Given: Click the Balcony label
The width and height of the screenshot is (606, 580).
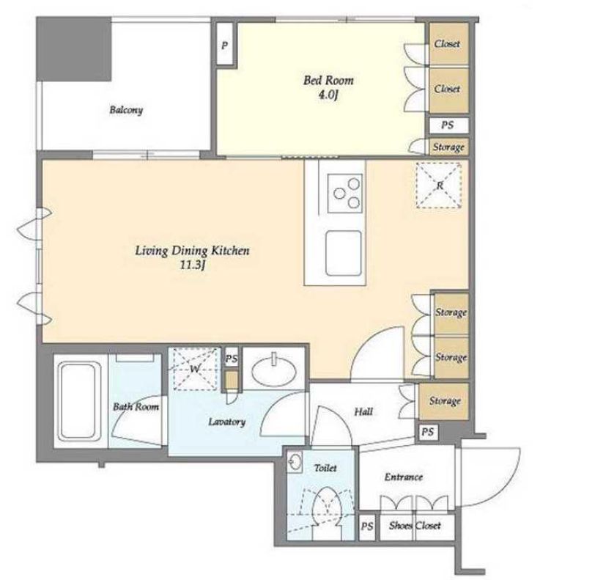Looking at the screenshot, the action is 126,110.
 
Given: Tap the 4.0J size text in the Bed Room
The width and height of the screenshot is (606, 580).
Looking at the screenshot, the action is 328,95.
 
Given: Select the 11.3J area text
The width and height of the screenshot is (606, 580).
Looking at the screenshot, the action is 192,265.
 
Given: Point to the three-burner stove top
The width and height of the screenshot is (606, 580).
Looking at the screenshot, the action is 345,193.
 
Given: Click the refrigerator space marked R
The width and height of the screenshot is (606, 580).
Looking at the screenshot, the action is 439,186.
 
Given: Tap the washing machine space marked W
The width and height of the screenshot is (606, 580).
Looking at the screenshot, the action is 195,369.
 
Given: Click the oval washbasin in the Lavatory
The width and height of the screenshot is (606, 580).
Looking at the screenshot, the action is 273,371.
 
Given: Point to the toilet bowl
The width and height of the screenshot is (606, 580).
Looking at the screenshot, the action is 327,507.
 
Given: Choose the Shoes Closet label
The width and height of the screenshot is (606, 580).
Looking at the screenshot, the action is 415,526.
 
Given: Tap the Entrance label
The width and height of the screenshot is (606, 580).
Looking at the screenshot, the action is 404,477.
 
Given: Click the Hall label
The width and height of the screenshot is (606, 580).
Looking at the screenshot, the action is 363,412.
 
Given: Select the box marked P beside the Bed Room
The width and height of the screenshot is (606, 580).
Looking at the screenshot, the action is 224,44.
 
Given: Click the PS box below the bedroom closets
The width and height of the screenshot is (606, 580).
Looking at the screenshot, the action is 448,125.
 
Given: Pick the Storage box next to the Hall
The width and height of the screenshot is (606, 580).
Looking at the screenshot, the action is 444,401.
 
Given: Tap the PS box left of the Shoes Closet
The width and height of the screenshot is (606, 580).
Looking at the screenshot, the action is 367,526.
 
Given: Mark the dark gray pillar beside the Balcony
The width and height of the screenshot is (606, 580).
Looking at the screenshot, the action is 74,48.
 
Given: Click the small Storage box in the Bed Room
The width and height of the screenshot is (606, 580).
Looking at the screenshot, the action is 448,147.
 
